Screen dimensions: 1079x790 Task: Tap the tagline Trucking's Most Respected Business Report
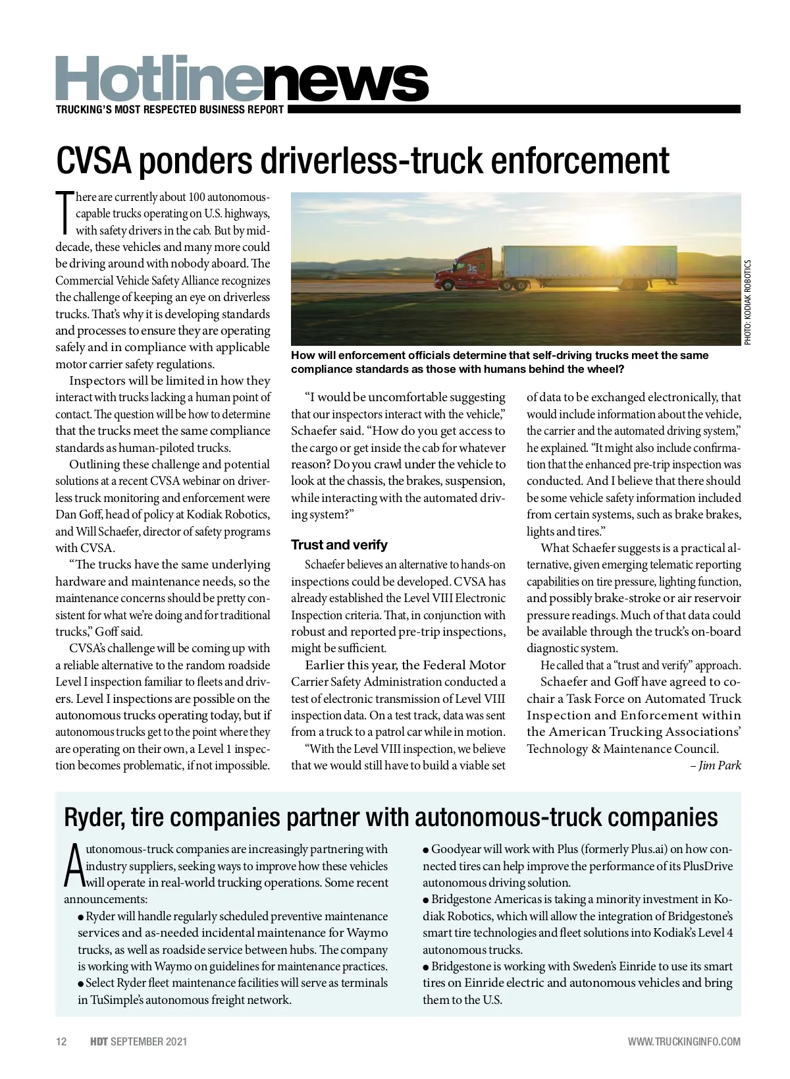(170, 110)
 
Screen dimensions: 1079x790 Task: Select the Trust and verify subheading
(339, 545)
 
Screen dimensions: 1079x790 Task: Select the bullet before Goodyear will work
(427, 850)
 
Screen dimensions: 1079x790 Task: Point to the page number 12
(62, 1041)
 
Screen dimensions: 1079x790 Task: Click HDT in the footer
(99, 1041)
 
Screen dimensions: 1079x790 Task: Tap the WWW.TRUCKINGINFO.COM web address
(684, 1041)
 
